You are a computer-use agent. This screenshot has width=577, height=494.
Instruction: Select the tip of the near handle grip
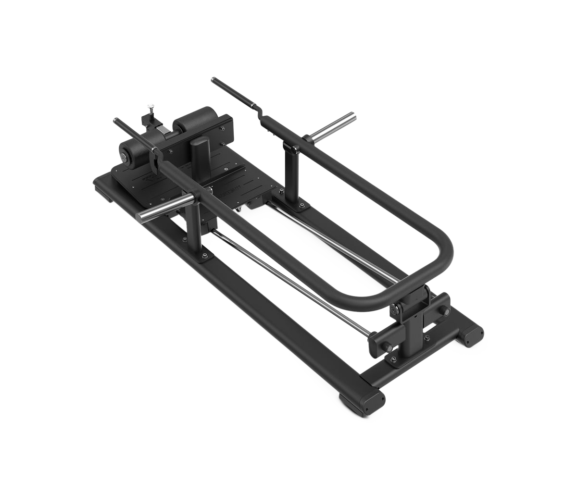pos(115,121)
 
